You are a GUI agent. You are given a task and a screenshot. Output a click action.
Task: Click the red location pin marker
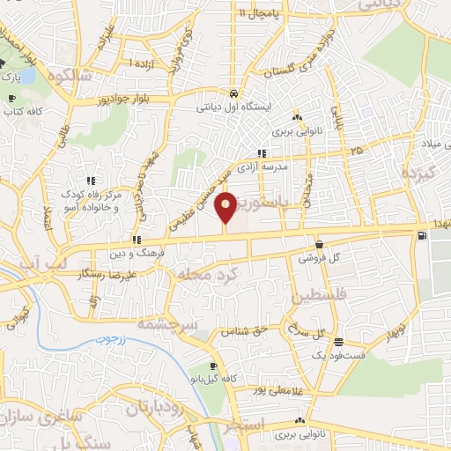click(226, 207)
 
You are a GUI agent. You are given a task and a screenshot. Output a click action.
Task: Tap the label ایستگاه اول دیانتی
click(233, 108)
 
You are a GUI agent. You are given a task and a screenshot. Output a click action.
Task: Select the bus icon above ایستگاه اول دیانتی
click(233, 93)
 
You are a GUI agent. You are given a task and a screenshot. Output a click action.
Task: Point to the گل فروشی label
click(317, 259)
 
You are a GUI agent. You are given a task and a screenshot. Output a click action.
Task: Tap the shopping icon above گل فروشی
click(317, 245)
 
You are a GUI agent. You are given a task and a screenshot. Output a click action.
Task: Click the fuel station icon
click(425, 235)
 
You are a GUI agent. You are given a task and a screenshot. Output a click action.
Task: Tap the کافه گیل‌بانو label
click(215, 378)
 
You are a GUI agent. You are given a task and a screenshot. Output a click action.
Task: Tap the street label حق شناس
click(241, 331)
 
